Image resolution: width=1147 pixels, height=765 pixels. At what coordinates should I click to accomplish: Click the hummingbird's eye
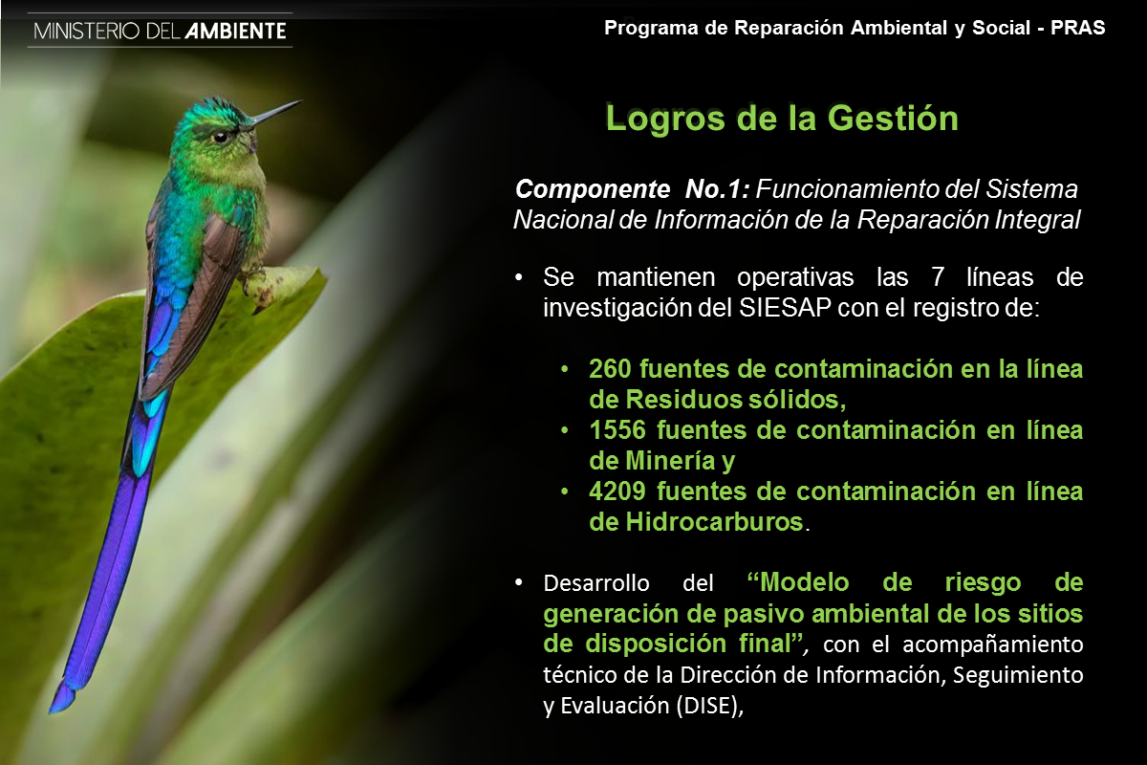221,137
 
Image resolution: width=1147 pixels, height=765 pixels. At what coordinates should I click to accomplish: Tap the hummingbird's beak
276,112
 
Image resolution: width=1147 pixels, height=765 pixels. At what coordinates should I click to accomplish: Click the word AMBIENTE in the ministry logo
235,32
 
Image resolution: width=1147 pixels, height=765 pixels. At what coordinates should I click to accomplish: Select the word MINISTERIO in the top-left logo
87,32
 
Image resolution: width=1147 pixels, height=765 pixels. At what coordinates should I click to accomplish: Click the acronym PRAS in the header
1078,28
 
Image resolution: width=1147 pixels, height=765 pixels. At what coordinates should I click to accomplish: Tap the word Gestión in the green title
893,119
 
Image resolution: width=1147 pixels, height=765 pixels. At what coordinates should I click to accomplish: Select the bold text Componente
593,189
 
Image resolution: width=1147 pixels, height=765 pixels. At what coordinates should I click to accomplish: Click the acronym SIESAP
785,308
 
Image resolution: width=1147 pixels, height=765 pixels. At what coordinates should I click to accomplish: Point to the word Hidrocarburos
714,522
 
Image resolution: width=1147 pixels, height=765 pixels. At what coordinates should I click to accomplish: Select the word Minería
670,461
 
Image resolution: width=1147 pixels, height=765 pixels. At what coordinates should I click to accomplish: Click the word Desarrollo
596,583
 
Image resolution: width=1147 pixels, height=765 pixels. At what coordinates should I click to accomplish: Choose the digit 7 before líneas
937,277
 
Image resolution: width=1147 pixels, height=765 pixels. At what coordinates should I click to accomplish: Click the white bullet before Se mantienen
519,277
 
